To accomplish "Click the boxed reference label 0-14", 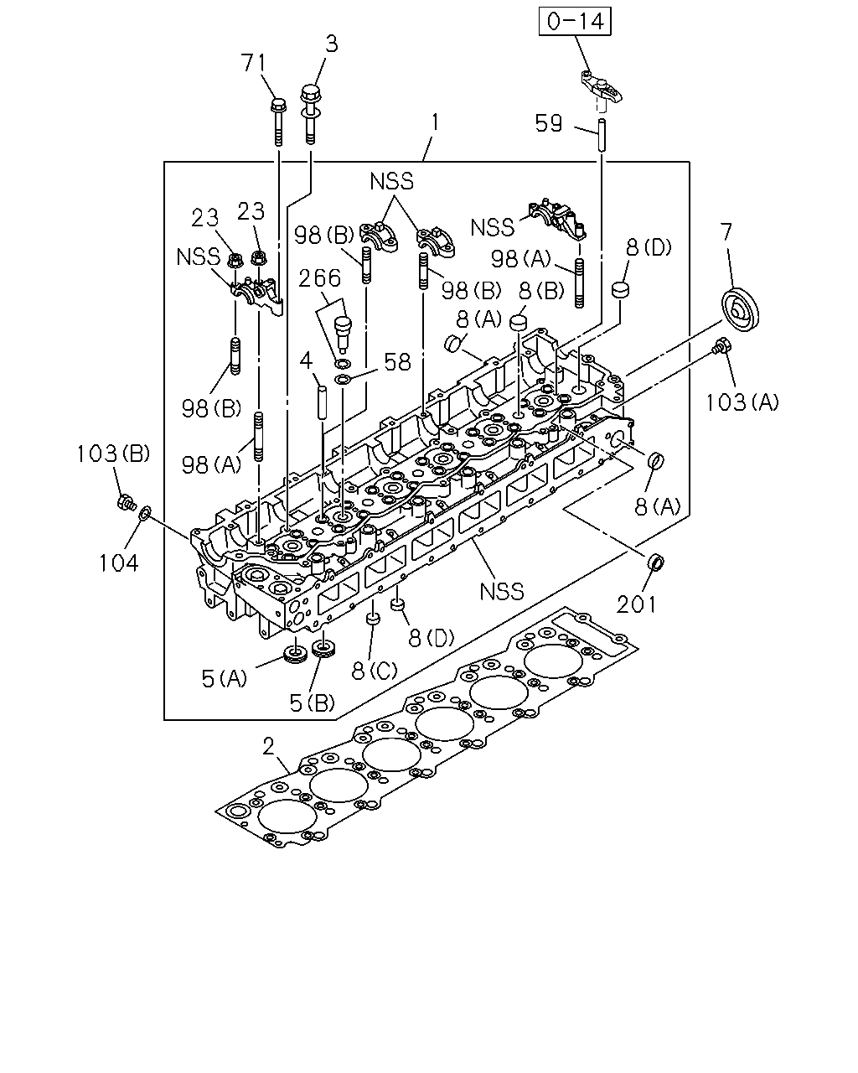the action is point(574,22).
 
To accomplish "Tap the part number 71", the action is point(254,63).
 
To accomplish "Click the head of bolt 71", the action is point(278,106).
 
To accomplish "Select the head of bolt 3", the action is point(310,93).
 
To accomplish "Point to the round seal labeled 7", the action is point(741,308).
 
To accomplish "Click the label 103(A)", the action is point(742,402).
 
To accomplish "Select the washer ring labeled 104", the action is point(145,512).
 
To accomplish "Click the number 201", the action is point(636,604).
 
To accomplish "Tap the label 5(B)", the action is point(312,702).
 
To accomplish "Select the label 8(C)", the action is point(375,671).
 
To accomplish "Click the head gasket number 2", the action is point(268,746).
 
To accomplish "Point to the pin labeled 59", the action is point(602,134).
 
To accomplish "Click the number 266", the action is point(319,278).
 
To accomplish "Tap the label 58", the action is point(397,362).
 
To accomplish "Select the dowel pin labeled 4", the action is point(322,402).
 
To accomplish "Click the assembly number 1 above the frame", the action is point(435,122).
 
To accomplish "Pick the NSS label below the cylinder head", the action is point(502,591).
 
